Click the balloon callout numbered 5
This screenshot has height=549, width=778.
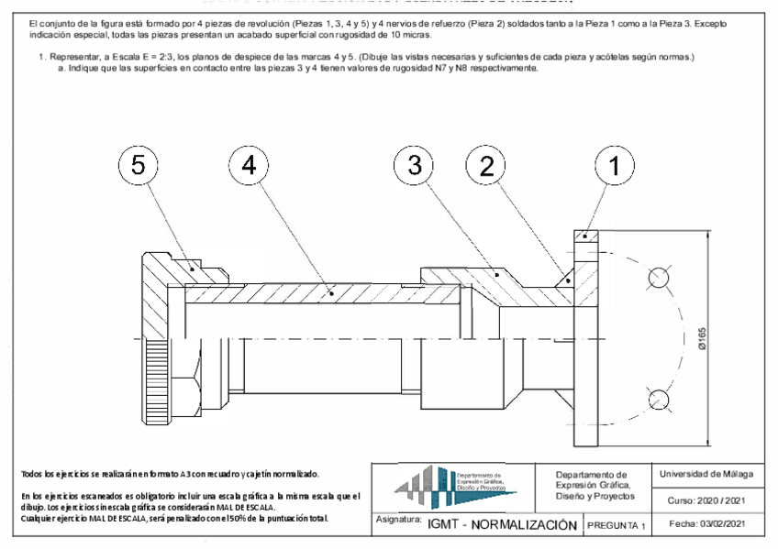[x=139, y=165]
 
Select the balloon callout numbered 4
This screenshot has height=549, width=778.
[x=250, y=165]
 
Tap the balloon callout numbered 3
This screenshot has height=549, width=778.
[x=414, y=165]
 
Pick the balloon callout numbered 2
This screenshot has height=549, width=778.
[x=485, y=165]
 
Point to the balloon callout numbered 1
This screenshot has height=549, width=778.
[x=614, y=165]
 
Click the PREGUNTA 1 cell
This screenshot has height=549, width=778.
[x=617, y=525]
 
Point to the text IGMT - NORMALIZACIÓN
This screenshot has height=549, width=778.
[x=501, y=524]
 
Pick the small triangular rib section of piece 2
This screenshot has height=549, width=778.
[x=568, y=278]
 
